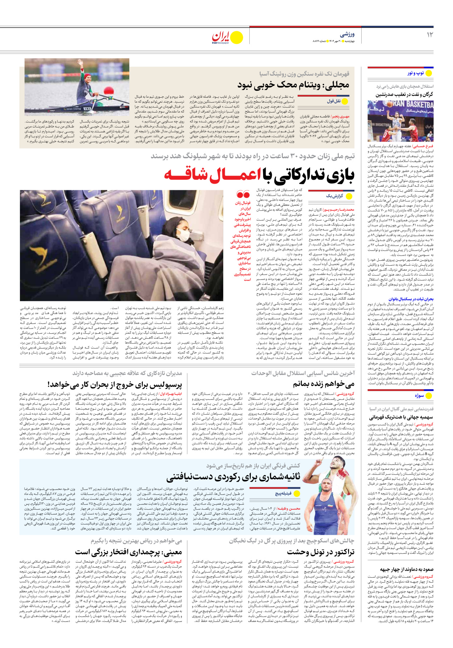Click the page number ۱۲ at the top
(430, 35)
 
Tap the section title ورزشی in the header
(347, 34)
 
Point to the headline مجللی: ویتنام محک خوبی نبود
(293, 85)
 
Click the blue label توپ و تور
(415, 73)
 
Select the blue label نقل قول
(333, 101)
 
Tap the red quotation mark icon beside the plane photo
(243, 195)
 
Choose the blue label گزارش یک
(334, 196)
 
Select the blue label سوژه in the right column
(419, 396)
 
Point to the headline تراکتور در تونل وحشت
(320, 552)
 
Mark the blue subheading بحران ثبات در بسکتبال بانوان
(411, 299)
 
